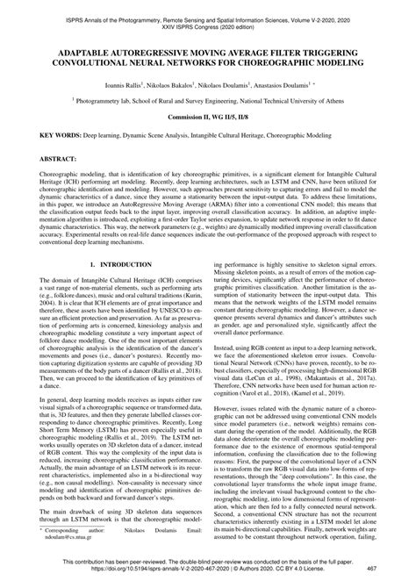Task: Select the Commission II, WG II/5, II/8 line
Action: (208, 118)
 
